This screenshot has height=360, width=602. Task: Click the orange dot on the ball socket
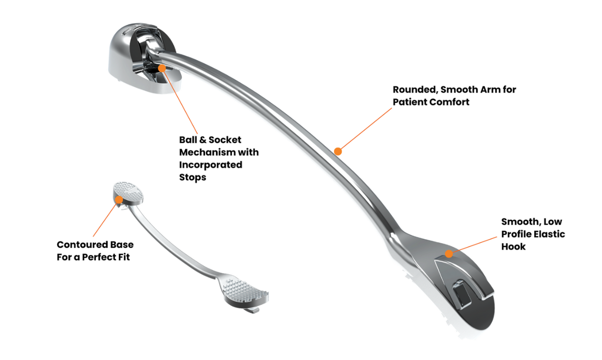pyautogui.click(x=162, y=68)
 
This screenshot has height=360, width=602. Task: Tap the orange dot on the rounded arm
pyautogui.click(x=338, y=152)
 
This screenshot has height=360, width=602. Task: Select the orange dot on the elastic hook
pyautogui.click(x=449, y=253)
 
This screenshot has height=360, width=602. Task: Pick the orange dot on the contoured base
pyautogui.click(x=118, y=199)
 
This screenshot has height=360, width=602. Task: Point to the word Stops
pyautogui.click(x=192, y=177)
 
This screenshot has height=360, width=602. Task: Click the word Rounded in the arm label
pyautogui.click(x=414, y=90)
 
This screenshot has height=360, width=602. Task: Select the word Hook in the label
pyautogui.click(x=513, y=246)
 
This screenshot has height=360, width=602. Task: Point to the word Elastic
pyautogui.click(x=549, y=234)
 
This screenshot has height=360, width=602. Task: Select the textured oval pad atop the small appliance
pyautogui.click(x=129, y=191)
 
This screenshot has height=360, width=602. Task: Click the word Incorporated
pyautogui.click(x=210, y=165)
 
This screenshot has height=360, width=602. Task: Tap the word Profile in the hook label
pyautogui.click(x=517, y=234)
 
